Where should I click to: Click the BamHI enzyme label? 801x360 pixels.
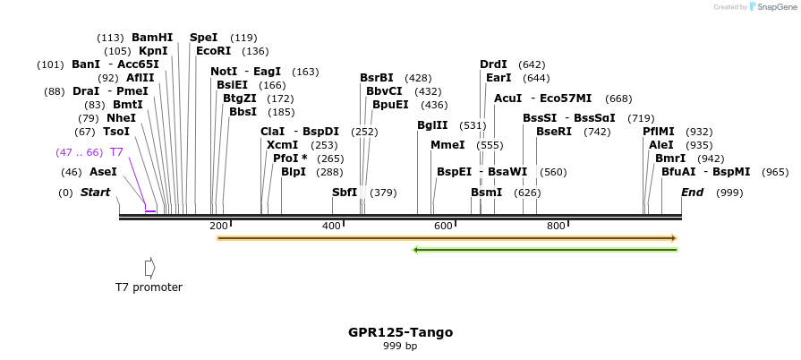152,38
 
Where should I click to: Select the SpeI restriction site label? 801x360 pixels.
203,38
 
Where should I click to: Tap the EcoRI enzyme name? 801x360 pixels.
213,51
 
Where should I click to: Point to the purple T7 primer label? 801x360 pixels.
116,152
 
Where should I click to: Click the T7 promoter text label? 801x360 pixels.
149,287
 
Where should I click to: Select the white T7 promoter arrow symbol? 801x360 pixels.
149,268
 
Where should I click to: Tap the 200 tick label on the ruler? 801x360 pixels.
218,226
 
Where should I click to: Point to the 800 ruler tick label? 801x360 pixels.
556,226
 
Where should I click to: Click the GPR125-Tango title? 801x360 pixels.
400,332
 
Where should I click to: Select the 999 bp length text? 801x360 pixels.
400,346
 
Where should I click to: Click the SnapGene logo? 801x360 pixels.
771,7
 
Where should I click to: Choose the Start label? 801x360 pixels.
96,193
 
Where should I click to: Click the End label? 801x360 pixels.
692,193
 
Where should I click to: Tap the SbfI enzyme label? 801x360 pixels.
345,193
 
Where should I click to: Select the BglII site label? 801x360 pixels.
432,125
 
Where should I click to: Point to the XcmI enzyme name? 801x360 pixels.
283,145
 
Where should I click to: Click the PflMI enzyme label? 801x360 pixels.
659,132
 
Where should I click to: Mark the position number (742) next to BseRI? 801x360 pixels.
597,132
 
